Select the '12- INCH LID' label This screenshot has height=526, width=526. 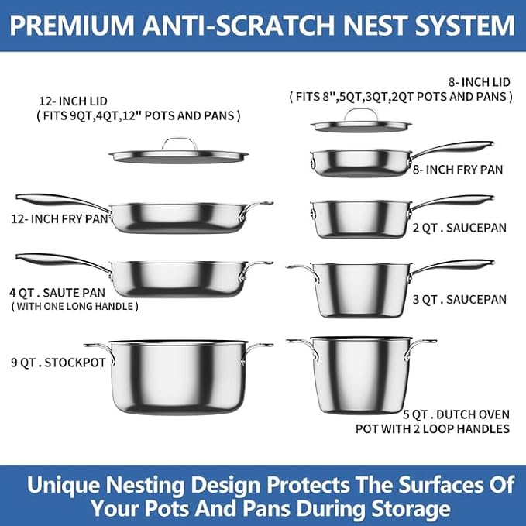click(74, 101)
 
